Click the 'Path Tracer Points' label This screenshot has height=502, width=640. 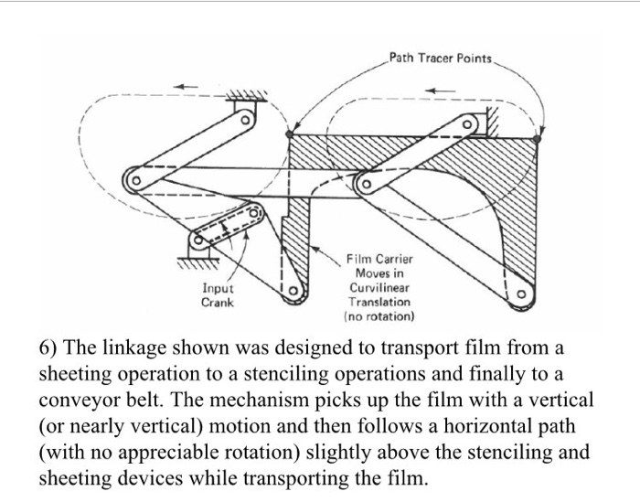click(442, 59)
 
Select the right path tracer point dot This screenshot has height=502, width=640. click(539, 140)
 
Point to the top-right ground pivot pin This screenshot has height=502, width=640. click(467, 123)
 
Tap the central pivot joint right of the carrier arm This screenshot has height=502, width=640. click(363, 184)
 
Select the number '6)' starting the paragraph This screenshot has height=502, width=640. click(51, 350)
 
